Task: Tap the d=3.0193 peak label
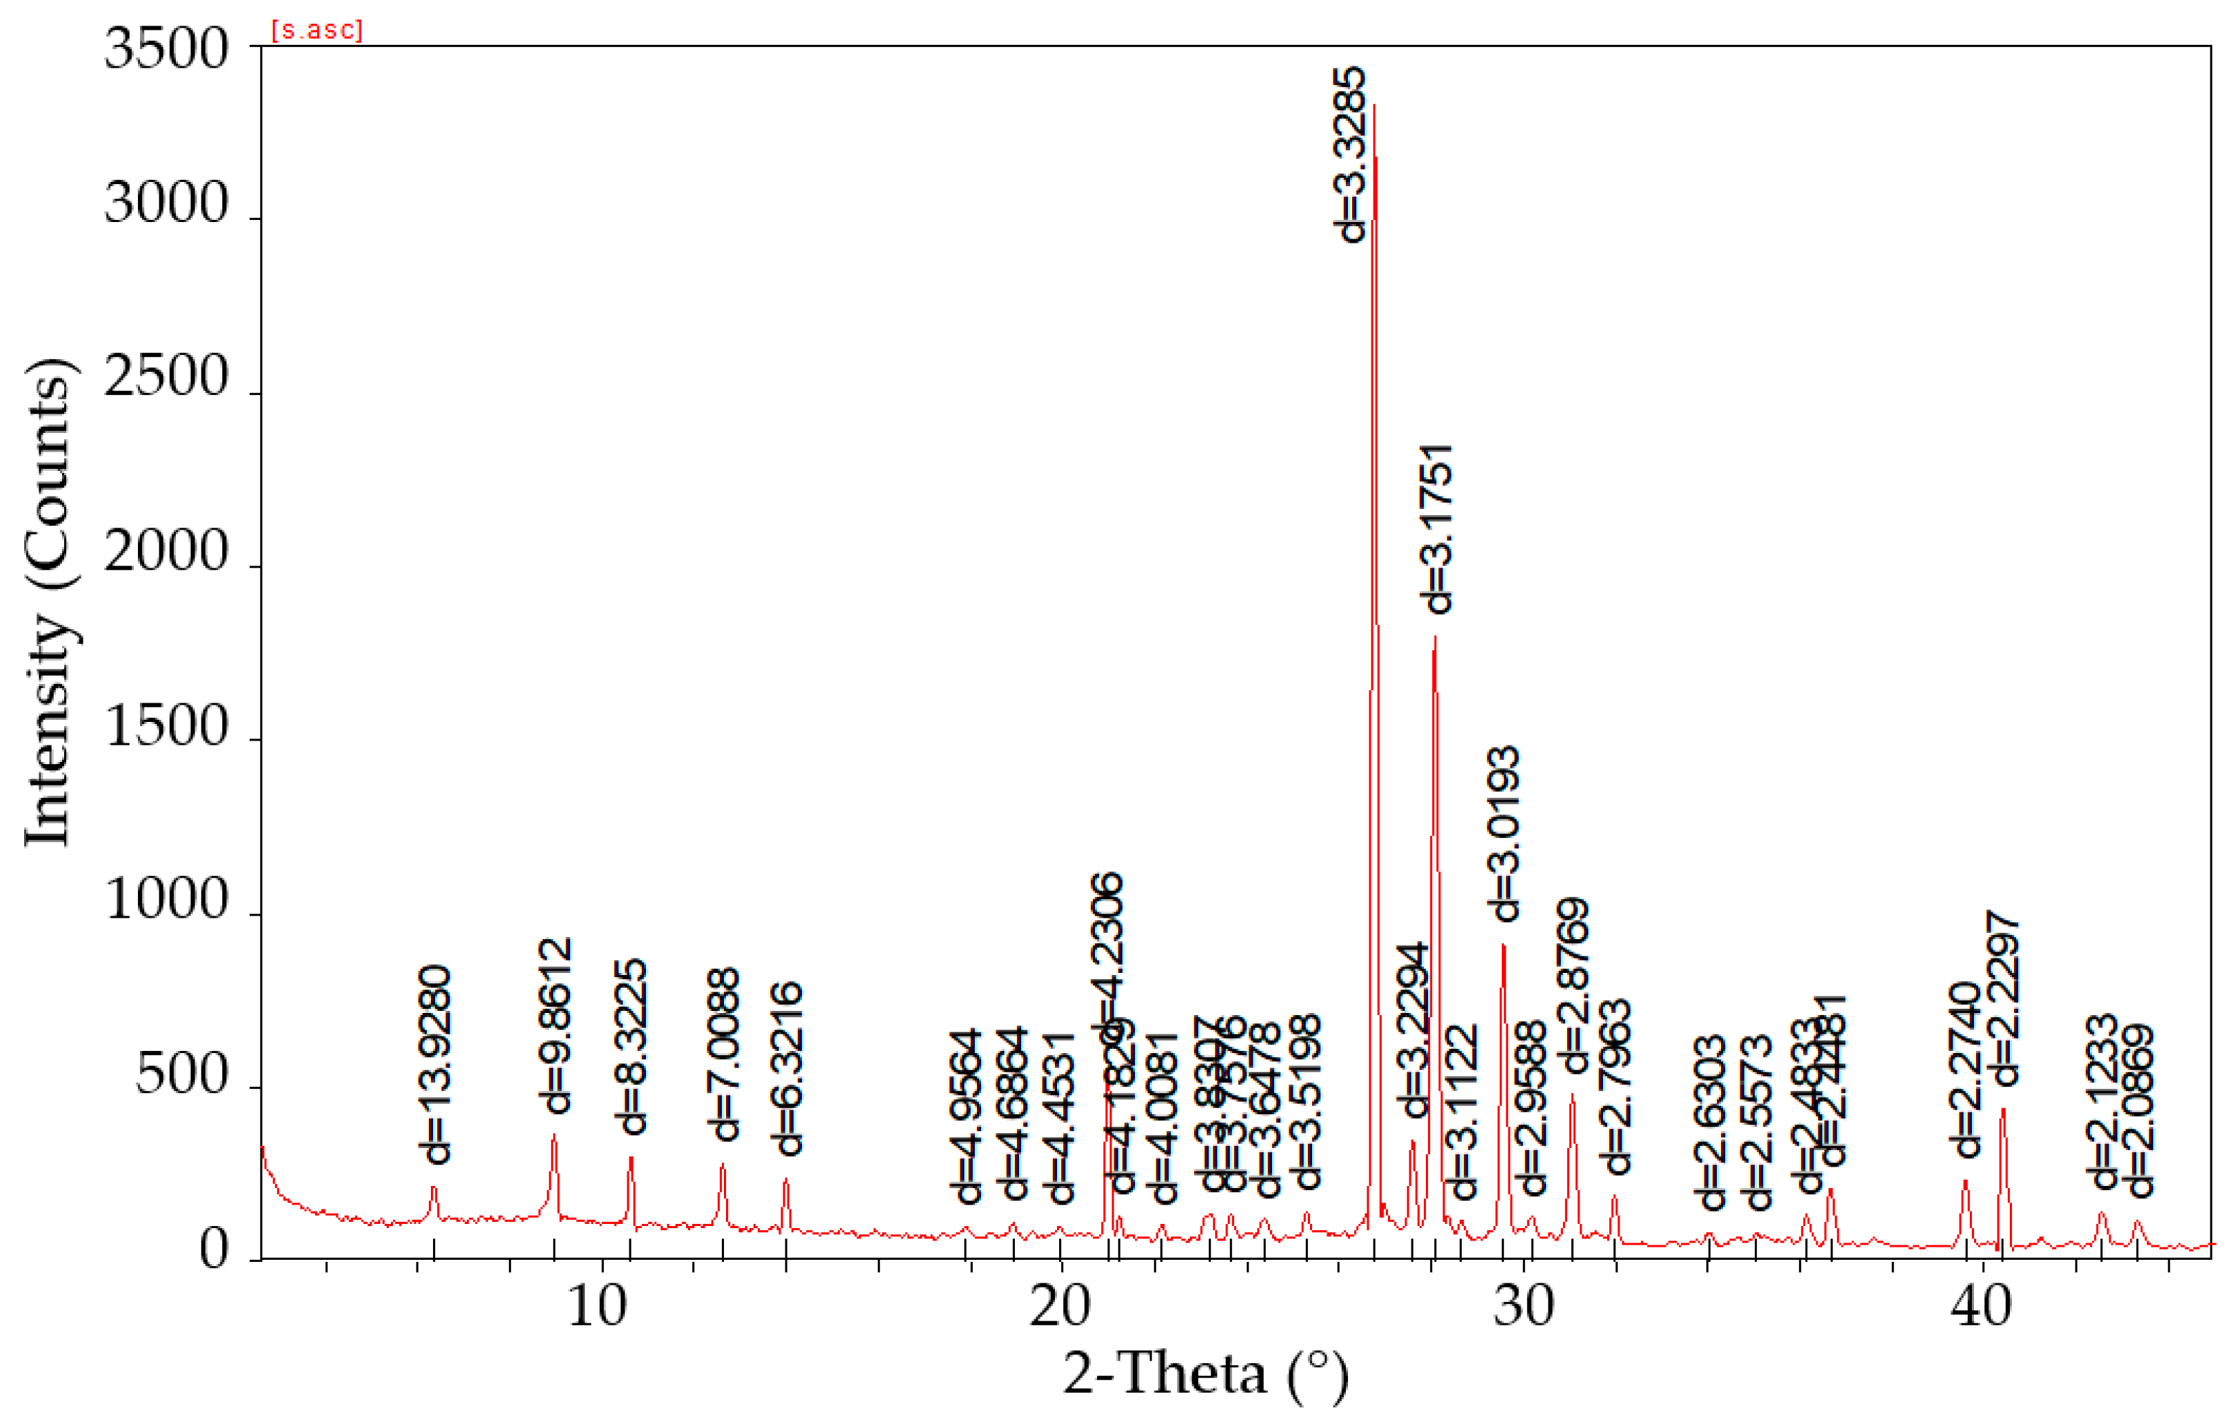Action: [x=1504, y=834]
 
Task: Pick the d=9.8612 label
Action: [x=556, y=1025]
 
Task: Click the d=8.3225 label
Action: [x=632, y=1046]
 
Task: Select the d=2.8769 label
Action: [x=1573, y=985]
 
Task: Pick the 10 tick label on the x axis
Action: [x=597, y=1307]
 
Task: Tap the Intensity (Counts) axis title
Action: [x=48, y=602]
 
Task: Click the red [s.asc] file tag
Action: [x=316, y=30]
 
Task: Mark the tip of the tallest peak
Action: [x=1374, y=106]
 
